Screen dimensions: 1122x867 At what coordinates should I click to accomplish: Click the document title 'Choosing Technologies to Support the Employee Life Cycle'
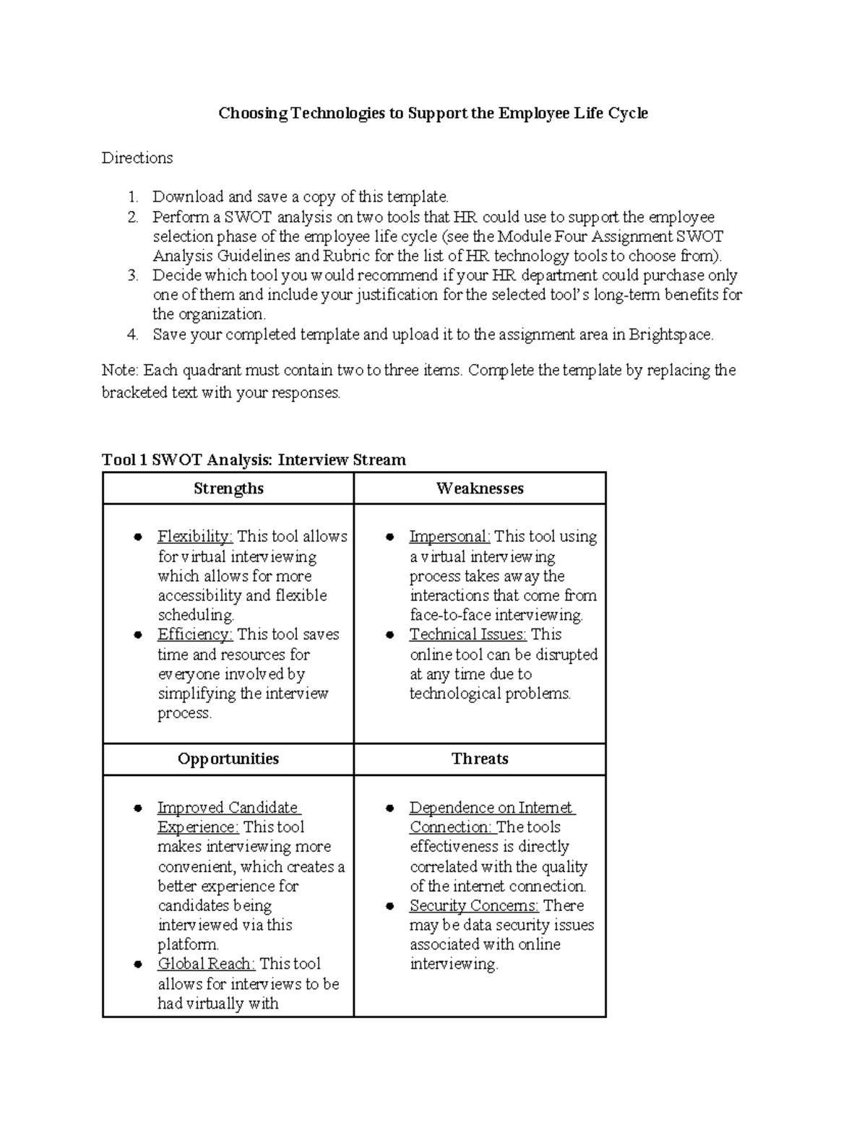433,113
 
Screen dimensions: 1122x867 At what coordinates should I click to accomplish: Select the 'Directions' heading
137,157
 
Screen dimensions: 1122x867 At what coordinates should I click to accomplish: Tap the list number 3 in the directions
132,275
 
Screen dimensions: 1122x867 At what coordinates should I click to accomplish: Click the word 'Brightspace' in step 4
669,335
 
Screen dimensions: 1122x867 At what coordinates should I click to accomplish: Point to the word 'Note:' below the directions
120,371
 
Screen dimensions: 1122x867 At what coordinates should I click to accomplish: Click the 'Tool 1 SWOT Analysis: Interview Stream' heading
254,459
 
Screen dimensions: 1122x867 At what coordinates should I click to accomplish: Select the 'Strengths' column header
228,488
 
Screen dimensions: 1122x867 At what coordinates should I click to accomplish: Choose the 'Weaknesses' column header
480,488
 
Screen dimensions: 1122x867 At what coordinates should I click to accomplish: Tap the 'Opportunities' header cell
228,759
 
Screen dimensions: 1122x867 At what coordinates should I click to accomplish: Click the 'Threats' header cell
480,759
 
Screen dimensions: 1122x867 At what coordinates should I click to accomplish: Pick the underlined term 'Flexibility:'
195,537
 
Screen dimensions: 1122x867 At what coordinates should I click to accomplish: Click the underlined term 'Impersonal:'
449,537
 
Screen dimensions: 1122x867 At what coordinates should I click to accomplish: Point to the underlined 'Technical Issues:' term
467,634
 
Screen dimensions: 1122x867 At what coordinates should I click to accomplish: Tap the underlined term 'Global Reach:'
206,964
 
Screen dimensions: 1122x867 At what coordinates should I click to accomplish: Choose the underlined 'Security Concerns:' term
474,905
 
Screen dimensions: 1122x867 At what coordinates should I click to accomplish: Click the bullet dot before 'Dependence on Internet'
390,808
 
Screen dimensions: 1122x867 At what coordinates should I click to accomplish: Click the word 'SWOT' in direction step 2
249,217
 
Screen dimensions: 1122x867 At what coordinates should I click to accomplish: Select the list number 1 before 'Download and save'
132,197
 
